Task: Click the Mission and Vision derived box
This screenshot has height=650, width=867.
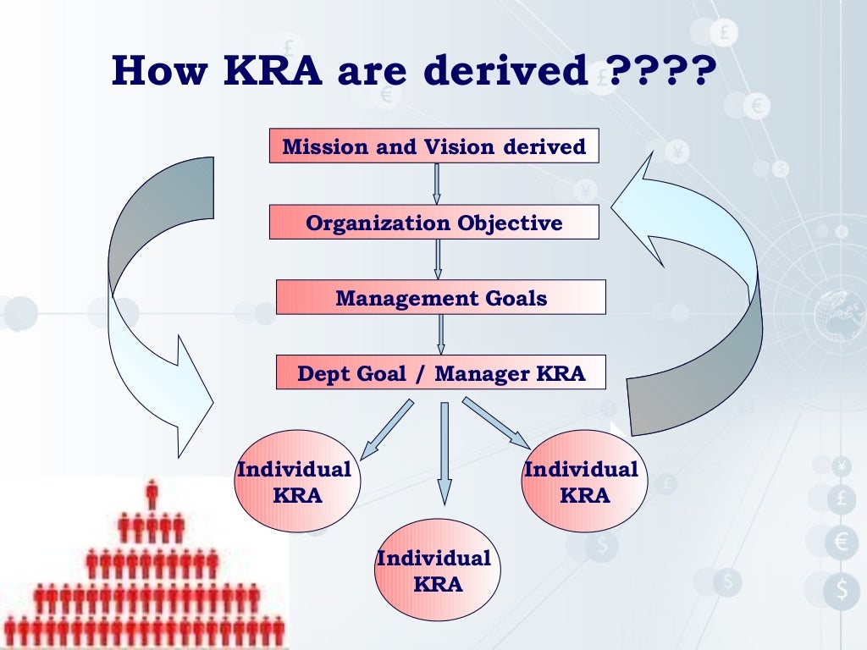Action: [x=434, y=146]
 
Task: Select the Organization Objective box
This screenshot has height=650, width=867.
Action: [x=434, y=223]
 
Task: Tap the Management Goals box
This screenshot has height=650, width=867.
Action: [x=440, y=298]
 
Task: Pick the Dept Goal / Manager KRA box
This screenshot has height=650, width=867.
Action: [x=440, y=373]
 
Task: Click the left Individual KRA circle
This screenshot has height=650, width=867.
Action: [x=297, y=482]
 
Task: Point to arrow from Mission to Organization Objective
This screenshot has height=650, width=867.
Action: [x=437, y=184]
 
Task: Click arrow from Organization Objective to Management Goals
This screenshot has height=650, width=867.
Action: [x=438, y=259]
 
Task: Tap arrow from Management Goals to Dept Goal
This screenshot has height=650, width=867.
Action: [x=440, y=334]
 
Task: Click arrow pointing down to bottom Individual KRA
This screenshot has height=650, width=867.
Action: [x=444, y=453]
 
